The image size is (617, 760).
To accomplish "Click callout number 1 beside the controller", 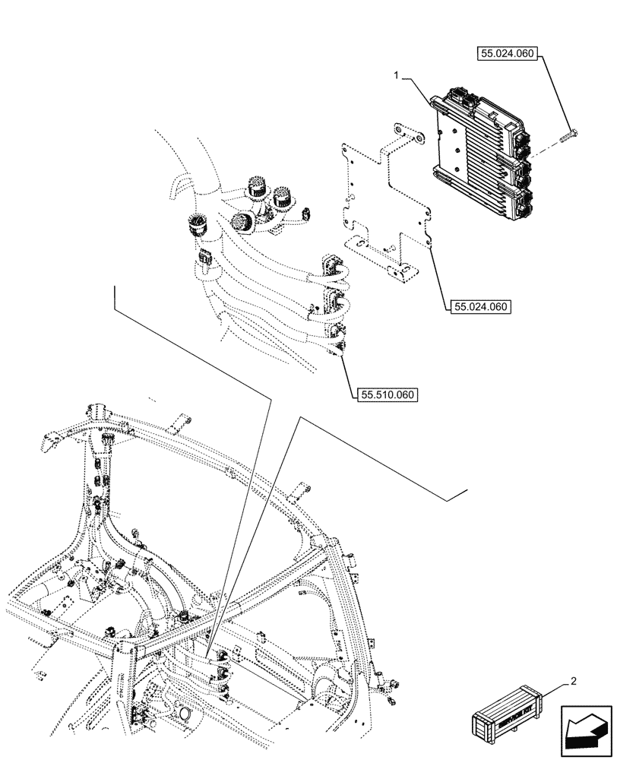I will [397, 74].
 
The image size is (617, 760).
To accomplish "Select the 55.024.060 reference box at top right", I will [508, 54].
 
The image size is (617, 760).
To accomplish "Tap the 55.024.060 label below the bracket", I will [480, 307].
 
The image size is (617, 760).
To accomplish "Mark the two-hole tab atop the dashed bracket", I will [409, 138].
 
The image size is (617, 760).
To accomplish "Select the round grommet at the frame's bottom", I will [183, 714].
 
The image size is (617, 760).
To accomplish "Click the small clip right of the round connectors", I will [305, 213].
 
